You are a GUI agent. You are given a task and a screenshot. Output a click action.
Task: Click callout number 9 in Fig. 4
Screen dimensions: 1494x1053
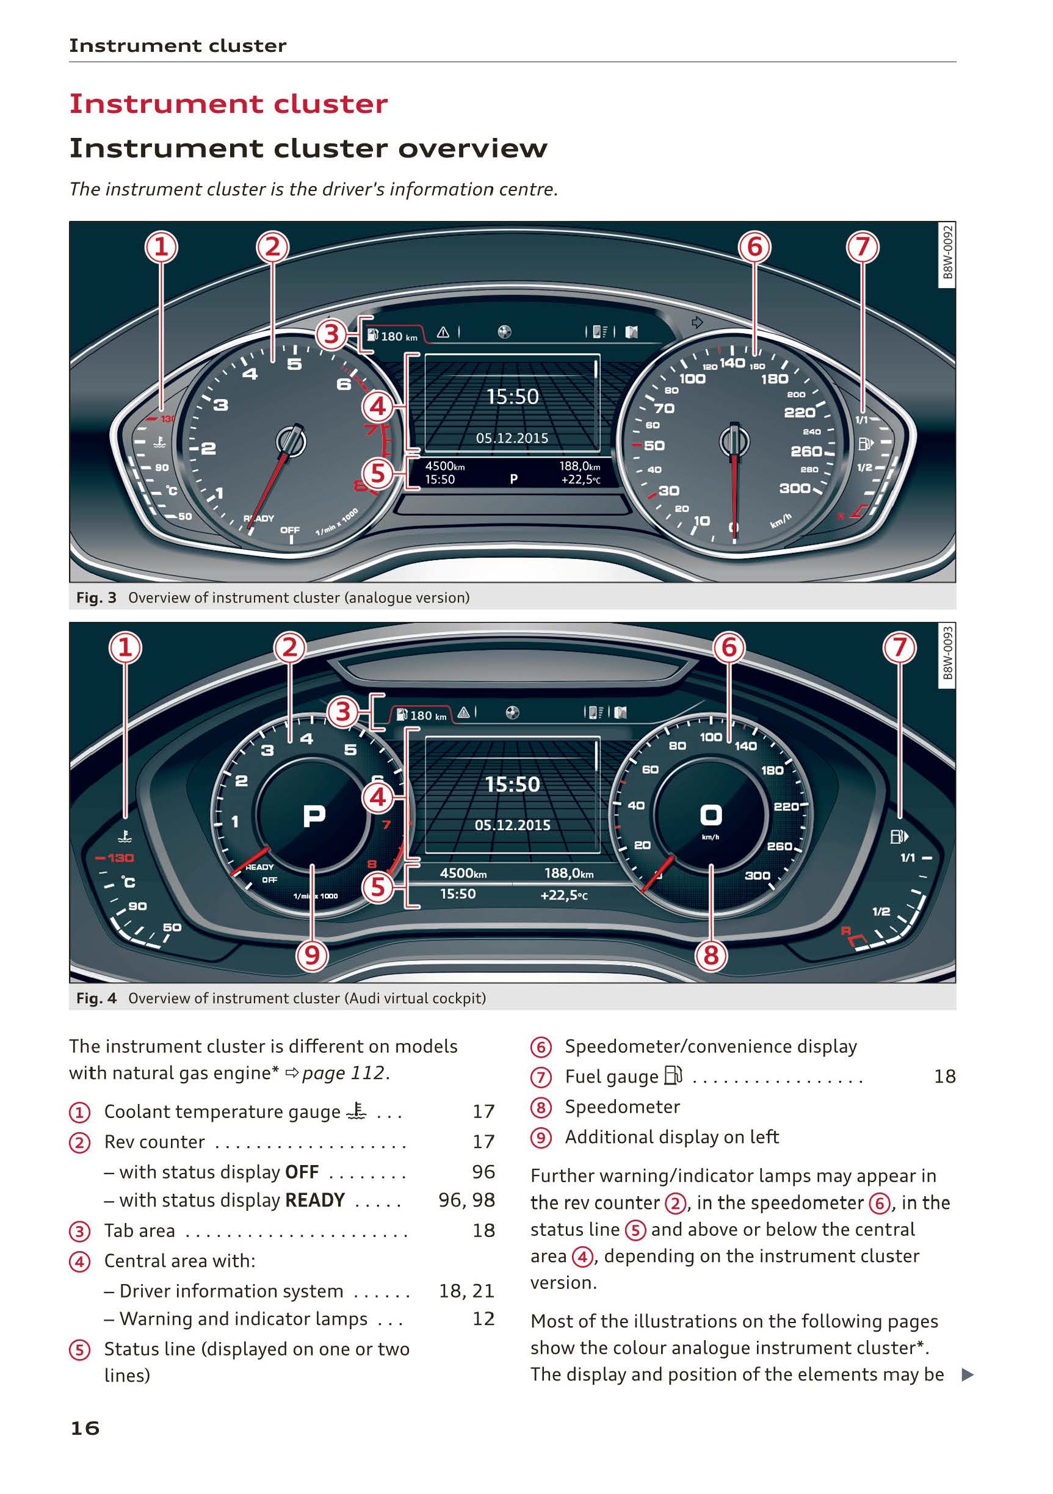pyautogui.click(x=312, y=955)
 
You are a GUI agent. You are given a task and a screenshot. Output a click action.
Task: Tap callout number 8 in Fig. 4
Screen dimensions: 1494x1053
pyautogui.click(x=711, y=955)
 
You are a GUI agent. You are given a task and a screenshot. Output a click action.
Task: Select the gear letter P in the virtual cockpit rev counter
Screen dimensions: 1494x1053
pyautogui.click(x=314, y=815)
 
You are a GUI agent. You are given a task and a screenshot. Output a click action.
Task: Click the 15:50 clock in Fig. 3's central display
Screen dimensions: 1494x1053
pyautogui.click(x=513, y=396)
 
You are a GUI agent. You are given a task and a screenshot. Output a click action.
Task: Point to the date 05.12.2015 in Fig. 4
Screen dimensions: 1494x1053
pyautogui.click(x=512, y=825)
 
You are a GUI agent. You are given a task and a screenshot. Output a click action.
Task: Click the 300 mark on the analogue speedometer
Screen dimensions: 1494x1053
pyautogui.click(x=795, y=488)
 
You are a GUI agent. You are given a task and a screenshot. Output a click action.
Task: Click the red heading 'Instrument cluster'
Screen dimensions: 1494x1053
pyautogui.click(x=228, y=104)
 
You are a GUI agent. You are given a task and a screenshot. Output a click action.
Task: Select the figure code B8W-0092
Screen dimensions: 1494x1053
pyautogui.click(x=947, y=252)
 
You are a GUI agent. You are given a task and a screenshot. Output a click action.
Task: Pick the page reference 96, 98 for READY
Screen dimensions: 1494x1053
pyautogui.click(x=466, y=1200)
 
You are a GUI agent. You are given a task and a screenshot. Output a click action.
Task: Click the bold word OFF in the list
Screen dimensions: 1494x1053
pyautogui.click(x=302, y=1172)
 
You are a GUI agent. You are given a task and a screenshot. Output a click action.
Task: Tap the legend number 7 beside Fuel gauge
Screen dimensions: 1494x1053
pyautogui.click(x=540, y=1077)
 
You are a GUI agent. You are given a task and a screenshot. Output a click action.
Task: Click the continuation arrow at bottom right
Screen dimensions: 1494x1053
pyautogui.click(x=968, y=1374)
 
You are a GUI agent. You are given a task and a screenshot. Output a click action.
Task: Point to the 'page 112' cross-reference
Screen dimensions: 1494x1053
pyautogui.click(x=343, y=1073)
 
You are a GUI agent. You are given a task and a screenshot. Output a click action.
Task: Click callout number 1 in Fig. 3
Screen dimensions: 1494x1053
pyautogui.click(x=161, y=247)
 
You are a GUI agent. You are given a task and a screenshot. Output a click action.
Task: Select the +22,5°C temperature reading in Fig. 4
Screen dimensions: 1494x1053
pyautogui.click(x=563, y=895)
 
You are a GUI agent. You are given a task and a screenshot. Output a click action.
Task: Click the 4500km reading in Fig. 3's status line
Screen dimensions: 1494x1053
pyautogui.click(x=444, y=466)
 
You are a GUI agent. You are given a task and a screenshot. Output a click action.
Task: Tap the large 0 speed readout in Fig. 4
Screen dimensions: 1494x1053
pyautogui.click(x=711, y=815)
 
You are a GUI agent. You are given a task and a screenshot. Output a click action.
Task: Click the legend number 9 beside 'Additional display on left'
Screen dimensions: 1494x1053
pyautogui.click(x=540, y=1138)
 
